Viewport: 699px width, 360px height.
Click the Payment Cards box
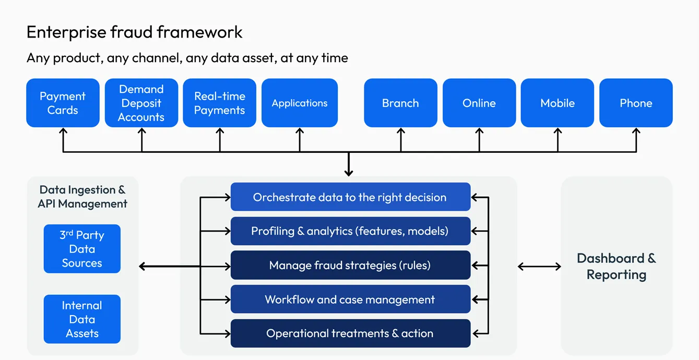[x=63, y=103]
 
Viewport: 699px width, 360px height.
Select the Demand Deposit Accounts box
[x=141, y=103]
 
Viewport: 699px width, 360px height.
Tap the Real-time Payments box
[x=219, y=103]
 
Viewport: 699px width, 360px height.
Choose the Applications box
[x=299, y=103]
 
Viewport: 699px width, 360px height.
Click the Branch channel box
[x=400, y=103]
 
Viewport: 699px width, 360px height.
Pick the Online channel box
[x=479, y=103]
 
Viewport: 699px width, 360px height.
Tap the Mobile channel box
[x=557, y=103]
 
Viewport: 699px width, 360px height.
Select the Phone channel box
[x=635, y=103]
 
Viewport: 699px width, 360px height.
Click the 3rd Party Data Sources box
[x=82, y=249]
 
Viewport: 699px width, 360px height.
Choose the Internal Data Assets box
[x=82, y=319]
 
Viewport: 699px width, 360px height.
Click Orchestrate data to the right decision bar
[x=350, y=197]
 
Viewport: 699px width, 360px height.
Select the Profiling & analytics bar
[x=350, y=231]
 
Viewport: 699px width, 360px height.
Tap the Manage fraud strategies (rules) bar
[x=350, y=266]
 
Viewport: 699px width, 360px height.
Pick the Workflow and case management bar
[x=350, y=299]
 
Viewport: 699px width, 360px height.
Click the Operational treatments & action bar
[x=350, y=333]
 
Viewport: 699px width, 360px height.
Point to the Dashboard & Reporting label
[x=617, y=266]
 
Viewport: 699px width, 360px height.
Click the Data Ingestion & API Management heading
[x=82, y=197]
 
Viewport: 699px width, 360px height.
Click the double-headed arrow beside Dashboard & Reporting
[x=539, y=267]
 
